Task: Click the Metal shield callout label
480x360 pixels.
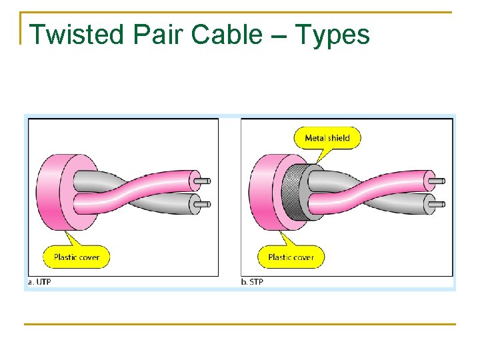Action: coord(327,138)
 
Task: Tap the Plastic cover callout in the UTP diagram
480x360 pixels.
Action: coord(76,257)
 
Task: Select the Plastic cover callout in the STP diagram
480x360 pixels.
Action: coord(291,257)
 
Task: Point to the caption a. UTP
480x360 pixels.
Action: coord(39,282)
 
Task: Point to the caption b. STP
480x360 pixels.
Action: coord(252,282)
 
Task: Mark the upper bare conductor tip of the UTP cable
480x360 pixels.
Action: coord(207,181)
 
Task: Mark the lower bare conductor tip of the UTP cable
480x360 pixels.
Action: coord(207,203)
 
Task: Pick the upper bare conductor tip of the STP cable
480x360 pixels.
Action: coord(439,181)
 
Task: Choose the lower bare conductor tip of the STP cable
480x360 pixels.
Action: coord(439,203)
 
